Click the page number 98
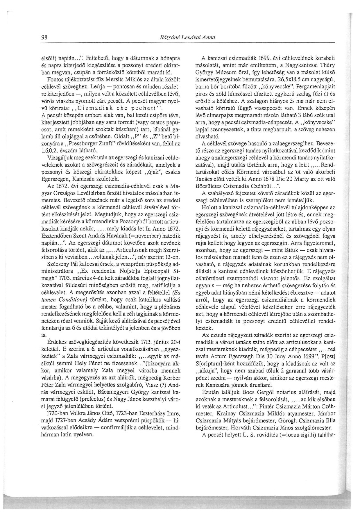[44, 38]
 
